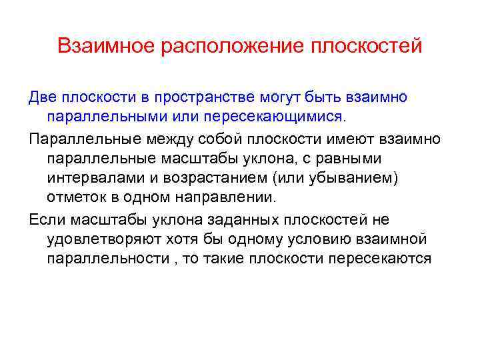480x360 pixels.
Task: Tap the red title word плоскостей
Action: click(368, 46)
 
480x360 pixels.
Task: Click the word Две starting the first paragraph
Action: click(43, 97)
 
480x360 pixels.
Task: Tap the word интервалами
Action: click(93, 179)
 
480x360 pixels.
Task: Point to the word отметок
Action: click(75, 198)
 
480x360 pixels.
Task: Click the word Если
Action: click(44, 220)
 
